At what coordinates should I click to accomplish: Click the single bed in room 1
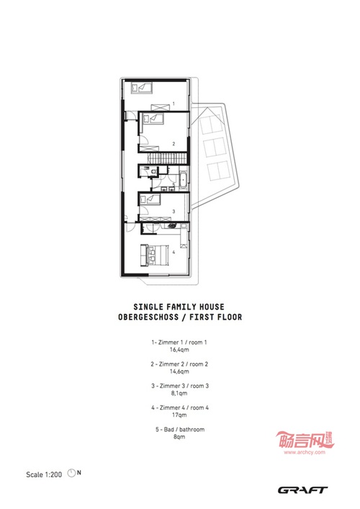point(142,88)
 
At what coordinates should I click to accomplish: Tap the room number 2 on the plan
point(174,143)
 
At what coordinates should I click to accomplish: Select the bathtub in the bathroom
point(183,181)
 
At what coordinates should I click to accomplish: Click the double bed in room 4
point(154,255)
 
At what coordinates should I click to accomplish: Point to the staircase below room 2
point(168,158)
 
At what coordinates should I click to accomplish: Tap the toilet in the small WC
point(153,171)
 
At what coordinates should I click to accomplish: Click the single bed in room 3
point(150,199)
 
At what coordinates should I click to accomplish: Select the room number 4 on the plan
point(174,252)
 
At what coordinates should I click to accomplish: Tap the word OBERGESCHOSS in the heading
point(148,317)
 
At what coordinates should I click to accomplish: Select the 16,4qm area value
point(179,350)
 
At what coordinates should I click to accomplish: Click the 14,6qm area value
point(179,371)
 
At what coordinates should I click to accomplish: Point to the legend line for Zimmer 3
point(180,386)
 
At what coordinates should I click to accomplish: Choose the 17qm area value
point(179,415)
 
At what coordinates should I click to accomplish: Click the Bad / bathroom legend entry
point(180,430)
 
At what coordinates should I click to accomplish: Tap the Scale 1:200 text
point(44,474)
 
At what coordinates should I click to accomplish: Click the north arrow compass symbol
point(71,473)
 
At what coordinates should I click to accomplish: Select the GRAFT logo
point(302,490)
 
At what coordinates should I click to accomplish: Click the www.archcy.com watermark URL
point(304,452)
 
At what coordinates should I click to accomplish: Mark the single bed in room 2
point(152,118)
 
